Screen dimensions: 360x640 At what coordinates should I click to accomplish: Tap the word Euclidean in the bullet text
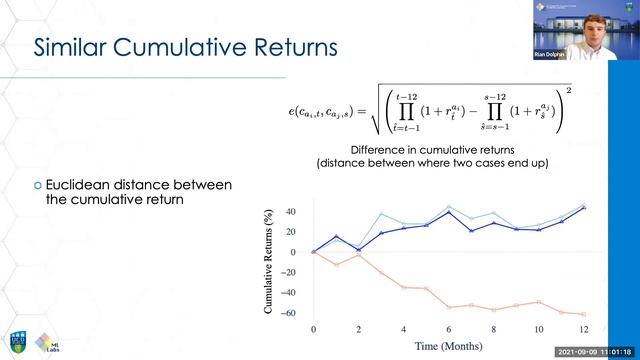(89, 185)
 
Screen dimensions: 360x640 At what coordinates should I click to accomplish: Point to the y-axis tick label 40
(291, 212)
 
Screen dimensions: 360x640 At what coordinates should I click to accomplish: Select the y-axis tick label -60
(289, 314)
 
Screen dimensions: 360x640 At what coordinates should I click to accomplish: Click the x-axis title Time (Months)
(447, 346)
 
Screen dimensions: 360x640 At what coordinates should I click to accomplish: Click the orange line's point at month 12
(583, 314)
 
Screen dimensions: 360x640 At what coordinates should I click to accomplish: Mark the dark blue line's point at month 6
(448, 213)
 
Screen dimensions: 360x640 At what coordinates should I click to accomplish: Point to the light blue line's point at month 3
(381, 214)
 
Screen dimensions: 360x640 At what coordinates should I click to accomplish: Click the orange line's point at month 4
(403, 287)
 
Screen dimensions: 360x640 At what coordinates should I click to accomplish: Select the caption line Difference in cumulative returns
(447, 149)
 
